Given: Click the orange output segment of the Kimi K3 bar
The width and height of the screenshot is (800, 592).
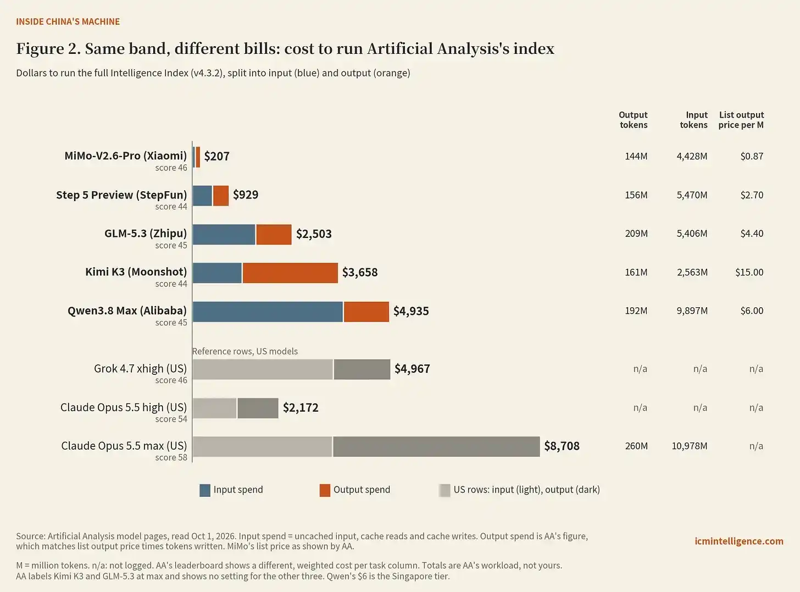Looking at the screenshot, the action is (x=290, y=273).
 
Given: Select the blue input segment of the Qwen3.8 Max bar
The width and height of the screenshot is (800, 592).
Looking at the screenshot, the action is (x=268, y=312).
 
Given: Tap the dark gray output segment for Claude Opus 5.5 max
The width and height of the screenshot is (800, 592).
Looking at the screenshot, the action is (x=436, y=446).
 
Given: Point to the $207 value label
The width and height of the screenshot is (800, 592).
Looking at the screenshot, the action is (x=217, y=156).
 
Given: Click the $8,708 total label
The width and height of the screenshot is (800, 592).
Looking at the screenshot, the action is (x=562, y=446).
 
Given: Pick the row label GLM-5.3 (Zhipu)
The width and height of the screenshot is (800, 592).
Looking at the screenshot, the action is (x=146, y=233).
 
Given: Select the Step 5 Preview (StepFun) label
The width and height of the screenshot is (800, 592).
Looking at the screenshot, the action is (x=121, y=195).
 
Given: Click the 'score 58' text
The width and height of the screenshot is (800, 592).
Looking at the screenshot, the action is (x=171, y=457).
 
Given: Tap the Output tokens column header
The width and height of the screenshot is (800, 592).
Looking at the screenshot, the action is (x=634, y=120).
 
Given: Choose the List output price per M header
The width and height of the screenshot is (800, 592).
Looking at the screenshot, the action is (x=741, y=120).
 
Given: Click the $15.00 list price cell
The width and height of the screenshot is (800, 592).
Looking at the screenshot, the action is (x=749, y=272).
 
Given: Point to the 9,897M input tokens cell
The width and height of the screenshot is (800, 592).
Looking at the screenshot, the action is (x=692, y=311).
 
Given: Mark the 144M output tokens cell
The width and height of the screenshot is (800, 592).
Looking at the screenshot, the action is (x=636, y=156).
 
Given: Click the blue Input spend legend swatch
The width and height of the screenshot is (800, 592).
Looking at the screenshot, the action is (x=205, y=490).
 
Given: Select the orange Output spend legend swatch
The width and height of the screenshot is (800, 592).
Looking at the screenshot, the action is (x=325, y=490).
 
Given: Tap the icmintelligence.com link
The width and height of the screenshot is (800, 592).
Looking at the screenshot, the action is (x=739, y=541).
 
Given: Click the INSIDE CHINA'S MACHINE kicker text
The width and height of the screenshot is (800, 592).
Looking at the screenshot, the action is (x=68, y=21).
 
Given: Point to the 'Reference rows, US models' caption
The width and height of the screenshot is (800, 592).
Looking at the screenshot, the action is (x=245, y=351).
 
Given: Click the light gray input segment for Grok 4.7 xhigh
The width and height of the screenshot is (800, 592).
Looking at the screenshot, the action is (x=263, y=369).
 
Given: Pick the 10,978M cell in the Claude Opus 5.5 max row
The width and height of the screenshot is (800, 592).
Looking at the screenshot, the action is (x=690, y=446).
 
